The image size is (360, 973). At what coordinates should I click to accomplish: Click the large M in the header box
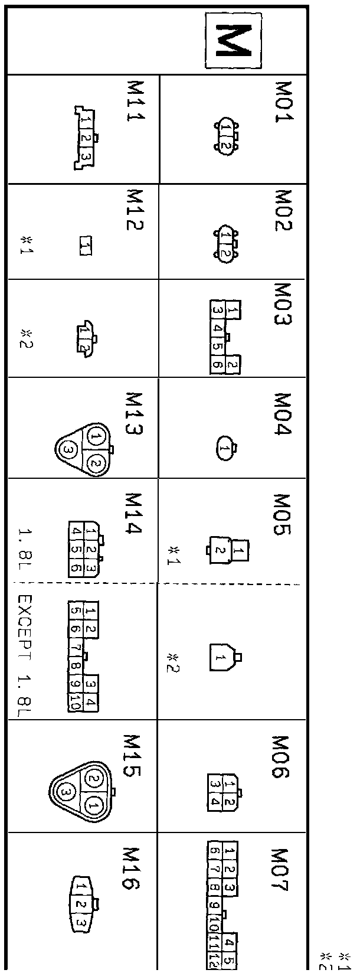[234, 40]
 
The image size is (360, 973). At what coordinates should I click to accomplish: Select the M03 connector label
[284, 304]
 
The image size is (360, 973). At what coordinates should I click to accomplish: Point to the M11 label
[136, 100]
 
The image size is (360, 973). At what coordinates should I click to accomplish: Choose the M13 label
[135, 414]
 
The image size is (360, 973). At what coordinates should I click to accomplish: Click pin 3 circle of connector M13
[68, 450]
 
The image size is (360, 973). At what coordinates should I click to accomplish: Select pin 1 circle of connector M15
[93, 804]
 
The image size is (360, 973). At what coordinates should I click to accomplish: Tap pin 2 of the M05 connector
[218, 551]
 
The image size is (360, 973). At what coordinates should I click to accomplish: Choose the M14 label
[135, 514]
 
